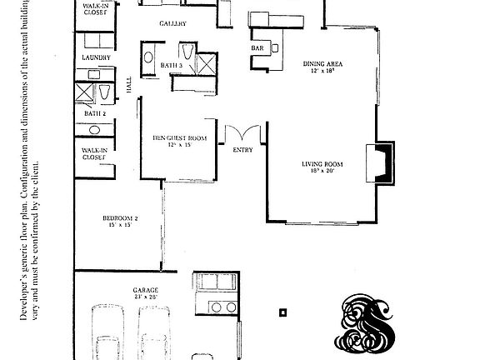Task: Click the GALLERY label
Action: point(172,24)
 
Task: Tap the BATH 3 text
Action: point(171,65)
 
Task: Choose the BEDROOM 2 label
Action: point(118,221)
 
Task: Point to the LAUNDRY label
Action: point(96,57)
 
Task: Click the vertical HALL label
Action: point(128,84)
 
